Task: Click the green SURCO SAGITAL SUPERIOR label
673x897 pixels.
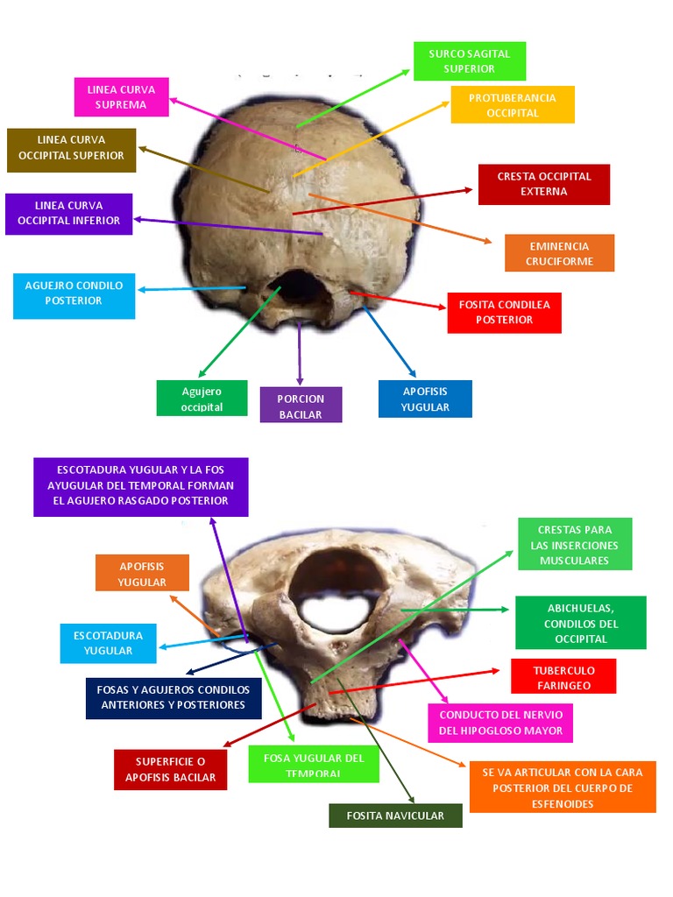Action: pyautogui.click(x=469, y=60)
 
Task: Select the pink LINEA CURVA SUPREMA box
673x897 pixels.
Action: pyautogui.click(x=121, y=97)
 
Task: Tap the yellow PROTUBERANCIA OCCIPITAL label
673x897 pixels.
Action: pyautogui.click(x=513, y=105)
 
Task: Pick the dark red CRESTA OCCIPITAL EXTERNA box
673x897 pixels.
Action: pyautogui.click(x=543, y=184)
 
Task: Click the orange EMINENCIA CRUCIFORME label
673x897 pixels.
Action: pyautogui.click(x=559, y=253)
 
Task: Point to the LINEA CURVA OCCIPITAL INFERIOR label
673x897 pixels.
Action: pyautogui.click(x=68, y=214)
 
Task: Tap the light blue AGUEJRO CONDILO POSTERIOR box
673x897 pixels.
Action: pyautogui.click(x=74, y=295)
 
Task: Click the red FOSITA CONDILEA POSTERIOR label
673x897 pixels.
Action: pyautogui.click(x=504, y=313)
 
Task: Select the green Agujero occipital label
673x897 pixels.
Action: pyautogui.click(x=202, y=399)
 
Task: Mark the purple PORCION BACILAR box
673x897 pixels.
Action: pyautogui.click(x=301, y=406)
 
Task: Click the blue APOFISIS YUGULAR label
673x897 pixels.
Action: pyautogui.click(x=425, y=399)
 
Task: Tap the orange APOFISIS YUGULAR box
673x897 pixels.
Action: pyautogui.click(x=142, y=573)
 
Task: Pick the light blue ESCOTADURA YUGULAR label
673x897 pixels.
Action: pyautogui.click(x=108, y=643)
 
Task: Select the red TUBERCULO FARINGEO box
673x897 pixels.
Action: pyautogui.click(x=563, y=676)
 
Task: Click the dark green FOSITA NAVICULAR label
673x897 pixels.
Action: pyautogui.click(x=395, y=816)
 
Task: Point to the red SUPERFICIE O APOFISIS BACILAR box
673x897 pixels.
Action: pyautogui.click(x=170, y=770)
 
